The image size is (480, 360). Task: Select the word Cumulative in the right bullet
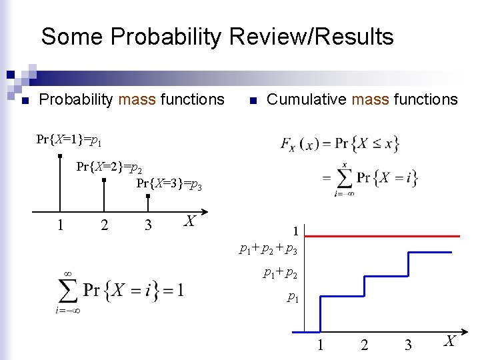coord(306,100)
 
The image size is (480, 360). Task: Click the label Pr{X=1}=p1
coord(69,140)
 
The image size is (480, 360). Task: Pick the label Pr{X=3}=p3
coord(169,184)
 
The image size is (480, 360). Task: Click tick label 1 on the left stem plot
coord(60,225)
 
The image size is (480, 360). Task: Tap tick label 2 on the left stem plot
coord(104,225)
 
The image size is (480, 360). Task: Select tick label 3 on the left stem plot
coord(148,225)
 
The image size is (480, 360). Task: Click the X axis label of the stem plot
coord(190,221)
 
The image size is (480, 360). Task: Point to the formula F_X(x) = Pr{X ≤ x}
coord(340,143)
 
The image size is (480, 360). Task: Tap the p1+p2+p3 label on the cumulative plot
coord(273,249)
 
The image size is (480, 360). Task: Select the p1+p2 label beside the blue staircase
coord(280,273)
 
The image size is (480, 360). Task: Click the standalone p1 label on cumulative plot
coord(292,297)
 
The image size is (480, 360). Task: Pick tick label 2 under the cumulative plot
coord(364,345)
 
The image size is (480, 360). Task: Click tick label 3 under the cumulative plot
coord(408,345)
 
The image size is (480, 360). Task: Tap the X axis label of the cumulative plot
coord(450,341)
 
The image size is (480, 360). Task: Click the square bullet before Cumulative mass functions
coord(252,101)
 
